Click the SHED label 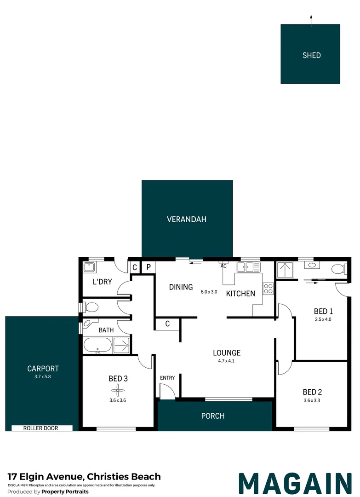point(312,55)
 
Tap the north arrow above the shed point(311,21)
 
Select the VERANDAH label point(187,220)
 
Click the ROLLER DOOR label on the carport point(41,428)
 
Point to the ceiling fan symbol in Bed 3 point(117,391)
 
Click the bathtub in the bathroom point(97,346)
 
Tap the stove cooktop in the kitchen point(268,289)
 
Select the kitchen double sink point(249,267)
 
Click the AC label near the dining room point(223,266)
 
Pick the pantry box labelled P point(148,267)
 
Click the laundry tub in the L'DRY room point(90,267)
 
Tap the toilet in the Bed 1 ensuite point(339,269)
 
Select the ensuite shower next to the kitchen point(285,270)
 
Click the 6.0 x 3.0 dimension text point(209,292)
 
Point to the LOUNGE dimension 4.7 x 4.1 point(226,361)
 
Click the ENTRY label point(167,378)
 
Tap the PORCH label point(213,416)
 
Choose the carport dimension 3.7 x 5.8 point(43,376)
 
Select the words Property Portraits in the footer point(65,491)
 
